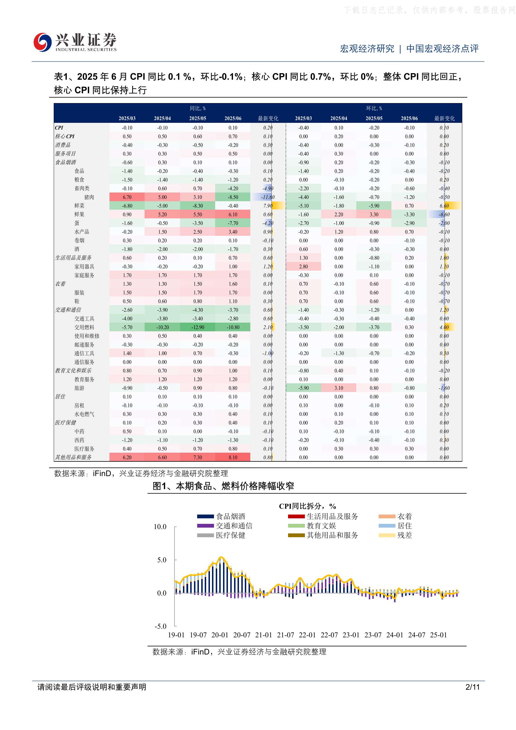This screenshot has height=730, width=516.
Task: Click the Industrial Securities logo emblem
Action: coord(43,42)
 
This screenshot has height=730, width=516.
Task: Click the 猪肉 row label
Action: coord(89,197)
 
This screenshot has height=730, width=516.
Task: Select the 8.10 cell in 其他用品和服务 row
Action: coord(233,457)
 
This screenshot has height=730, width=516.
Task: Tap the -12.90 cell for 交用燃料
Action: coord(197,327)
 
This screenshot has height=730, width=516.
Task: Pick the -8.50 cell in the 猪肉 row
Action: coord(233,197)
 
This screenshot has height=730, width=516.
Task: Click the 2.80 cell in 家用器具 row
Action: coord(303,267)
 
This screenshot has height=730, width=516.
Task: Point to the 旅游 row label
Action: coord(79,388)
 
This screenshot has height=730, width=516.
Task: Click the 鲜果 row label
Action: coord(79,214)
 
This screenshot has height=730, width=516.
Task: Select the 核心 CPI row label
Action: coord(64,136)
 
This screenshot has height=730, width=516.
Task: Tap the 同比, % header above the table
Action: coord(197,108)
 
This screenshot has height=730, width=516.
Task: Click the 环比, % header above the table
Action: coord(374,108)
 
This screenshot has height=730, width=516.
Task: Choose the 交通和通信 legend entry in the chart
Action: coord(225,526)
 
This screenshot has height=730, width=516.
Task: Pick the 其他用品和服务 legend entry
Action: coord(323,535)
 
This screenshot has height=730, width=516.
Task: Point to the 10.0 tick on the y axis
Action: coord(160,527)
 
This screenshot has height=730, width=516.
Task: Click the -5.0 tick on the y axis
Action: coord(161,626)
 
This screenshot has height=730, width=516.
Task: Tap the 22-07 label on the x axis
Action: coord(329,635)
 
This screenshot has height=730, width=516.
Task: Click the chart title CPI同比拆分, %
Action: coord(308,506)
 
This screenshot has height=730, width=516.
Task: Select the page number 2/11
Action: coord(472,687)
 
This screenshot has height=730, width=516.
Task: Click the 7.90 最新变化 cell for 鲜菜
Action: coord(268,206)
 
